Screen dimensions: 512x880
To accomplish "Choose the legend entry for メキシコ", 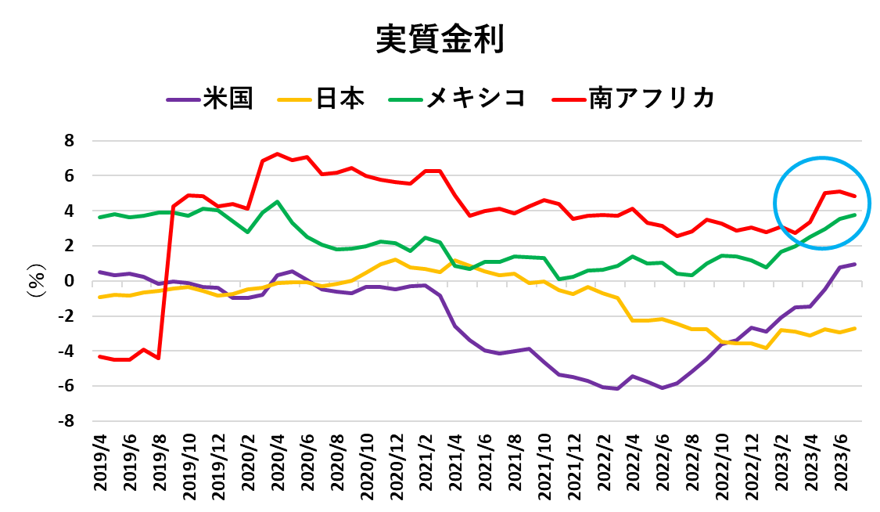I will point(475,99).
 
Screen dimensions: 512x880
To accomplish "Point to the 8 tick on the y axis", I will point(69,141).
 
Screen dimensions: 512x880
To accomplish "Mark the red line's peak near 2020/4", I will point(278,154).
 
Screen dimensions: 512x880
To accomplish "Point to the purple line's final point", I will point(855,264).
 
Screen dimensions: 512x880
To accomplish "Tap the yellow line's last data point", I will point(855,328).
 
